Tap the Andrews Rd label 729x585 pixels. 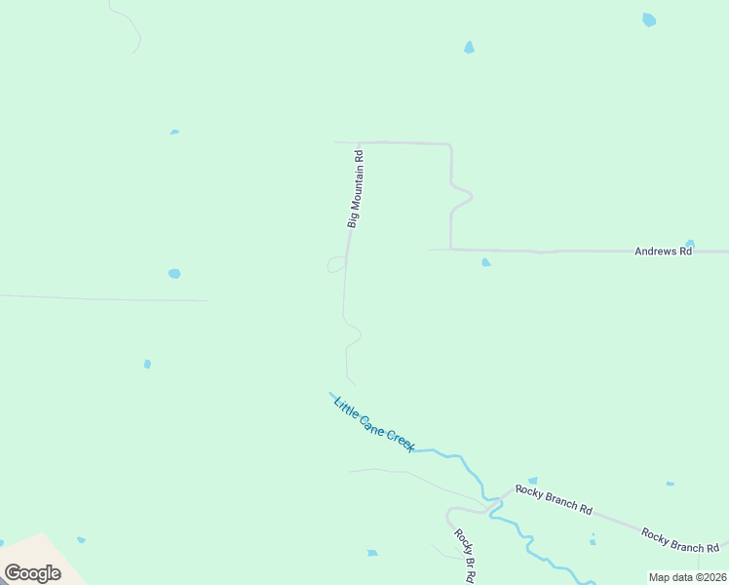(663, 251)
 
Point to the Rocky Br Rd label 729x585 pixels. (464, 556)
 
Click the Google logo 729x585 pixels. (32, 573)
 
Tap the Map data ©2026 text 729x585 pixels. (687, 577)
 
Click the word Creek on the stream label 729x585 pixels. (401, 439)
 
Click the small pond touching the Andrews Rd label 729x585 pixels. (690, 244)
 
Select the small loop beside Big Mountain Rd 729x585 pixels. (336, 264)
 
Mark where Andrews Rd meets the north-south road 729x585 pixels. (450, 250)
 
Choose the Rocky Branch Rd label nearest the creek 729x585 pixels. (554, 498)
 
